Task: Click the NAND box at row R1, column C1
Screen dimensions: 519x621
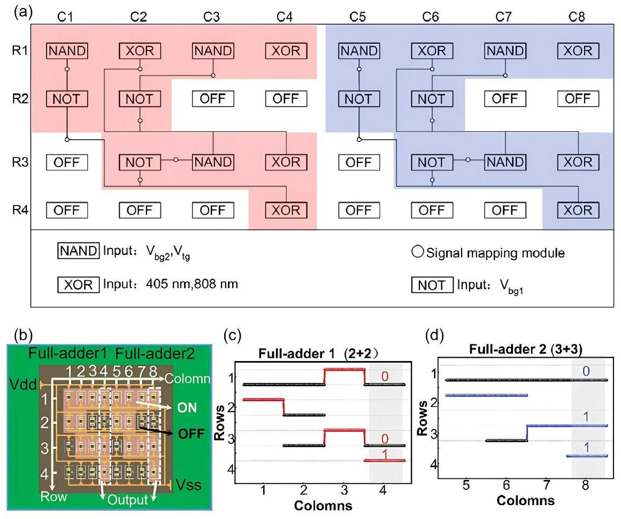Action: coord(66,51)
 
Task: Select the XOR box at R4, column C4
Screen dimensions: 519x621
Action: coord(286,210)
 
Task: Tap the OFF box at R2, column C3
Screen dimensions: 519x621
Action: coord(213,99)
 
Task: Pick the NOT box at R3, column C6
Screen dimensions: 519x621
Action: coord(431,162)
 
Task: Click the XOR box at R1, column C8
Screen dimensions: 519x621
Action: coord(578,51)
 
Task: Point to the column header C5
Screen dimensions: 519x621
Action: coord(358,17)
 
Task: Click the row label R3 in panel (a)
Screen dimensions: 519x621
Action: coord(18,162)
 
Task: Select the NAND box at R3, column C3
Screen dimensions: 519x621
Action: coord(213,162)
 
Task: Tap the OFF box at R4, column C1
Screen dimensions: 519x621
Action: coord(66,210)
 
